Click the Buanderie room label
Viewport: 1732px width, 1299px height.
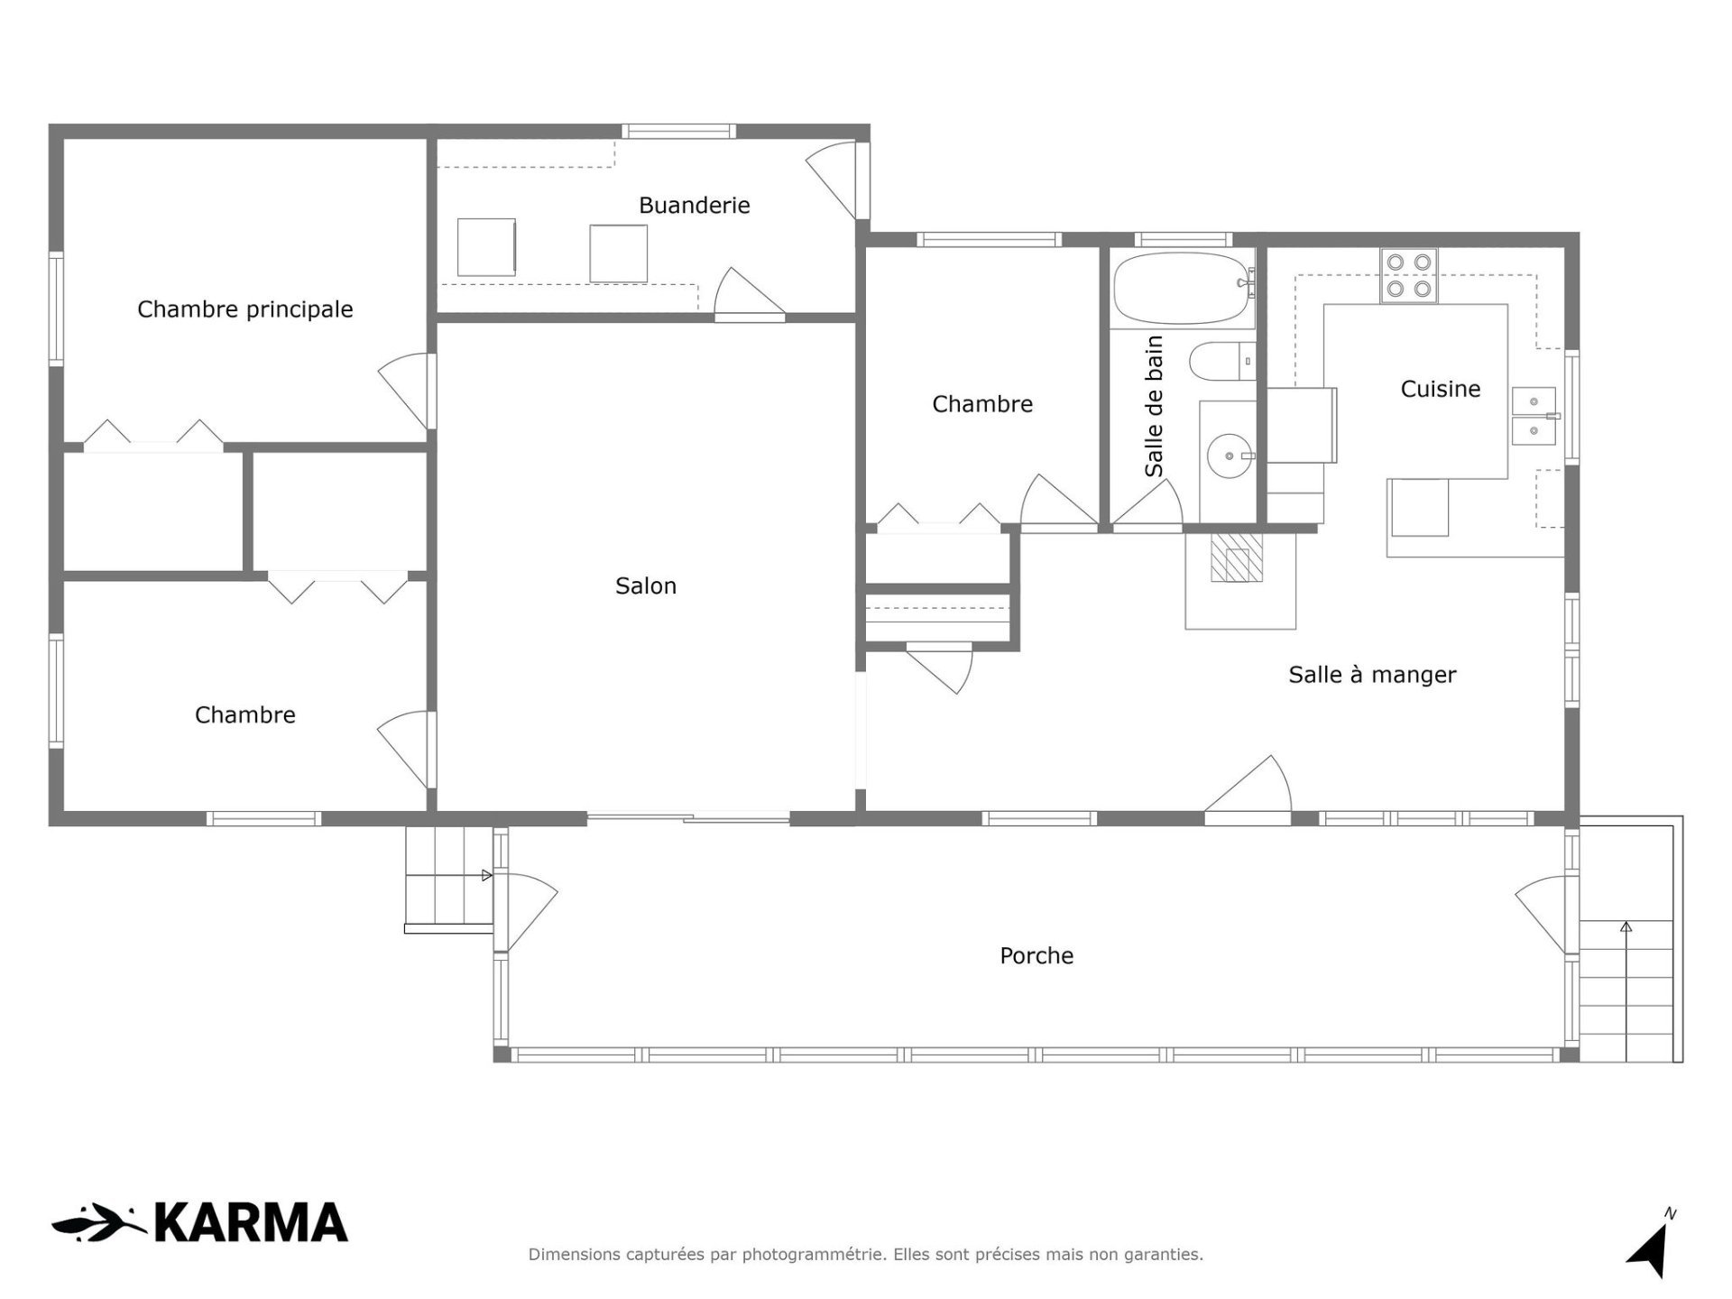[x=694, y=206]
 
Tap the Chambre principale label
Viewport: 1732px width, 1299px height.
[x=244, y=309]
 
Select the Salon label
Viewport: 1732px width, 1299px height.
[x=646, y=586]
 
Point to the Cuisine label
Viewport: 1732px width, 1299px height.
[x=1441, y=389]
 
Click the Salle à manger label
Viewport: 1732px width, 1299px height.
[x=1372, y=675]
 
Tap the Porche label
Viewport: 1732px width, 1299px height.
[x=1036, y=955]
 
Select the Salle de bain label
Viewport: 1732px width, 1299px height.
[x=1154, y=406]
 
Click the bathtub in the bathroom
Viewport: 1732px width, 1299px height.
[x=1184, y=288]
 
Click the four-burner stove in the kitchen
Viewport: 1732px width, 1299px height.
[x=1409, y=275]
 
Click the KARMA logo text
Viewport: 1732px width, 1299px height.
[x=251, y=1222]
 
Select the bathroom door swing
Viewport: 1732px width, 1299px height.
[x=1147, y=502]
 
